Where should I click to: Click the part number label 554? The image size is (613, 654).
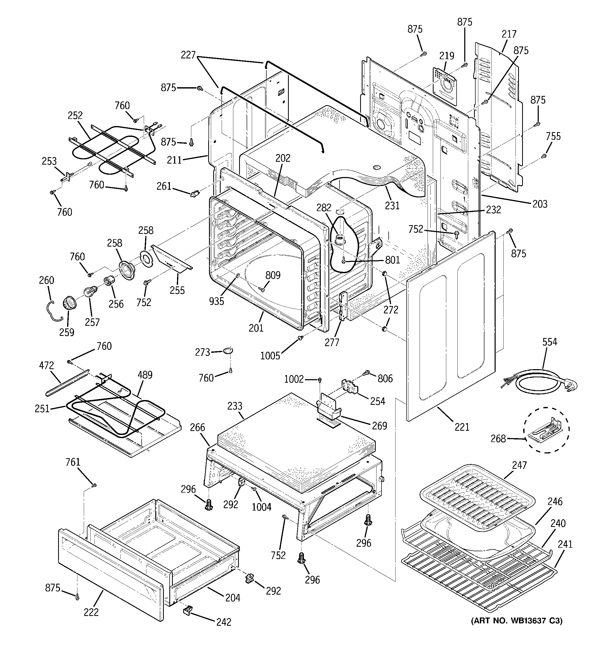tap(550, 342)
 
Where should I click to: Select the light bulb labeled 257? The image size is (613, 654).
tap(88, 292)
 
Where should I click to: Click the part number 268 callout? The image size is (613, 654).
tap(498, 439)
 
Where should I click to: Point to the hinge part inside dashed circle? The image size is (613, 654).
tap(548, 430)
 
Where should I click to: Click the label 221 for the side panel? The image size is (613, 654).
tap(462, 427)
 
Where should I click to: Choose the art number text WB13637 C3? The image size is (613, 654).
tap(517, 621)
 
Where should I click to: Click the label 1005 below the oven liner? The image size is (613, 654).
tap(270, 356)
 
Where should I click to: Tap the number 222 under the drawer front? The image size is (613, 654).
tap(91, 612)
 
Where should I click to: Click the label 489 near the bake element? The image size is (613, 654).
tap(145, 375)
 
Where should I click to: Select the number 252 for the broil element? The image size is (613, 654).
tap(75, 115)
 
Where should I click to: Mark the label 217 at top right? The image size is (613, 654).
tap(509, 34)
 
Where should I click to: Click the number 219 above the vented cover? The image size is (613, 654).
tap(447, 55)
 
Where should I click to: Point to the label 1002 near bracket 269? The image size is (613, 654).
tap(294, 379)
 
